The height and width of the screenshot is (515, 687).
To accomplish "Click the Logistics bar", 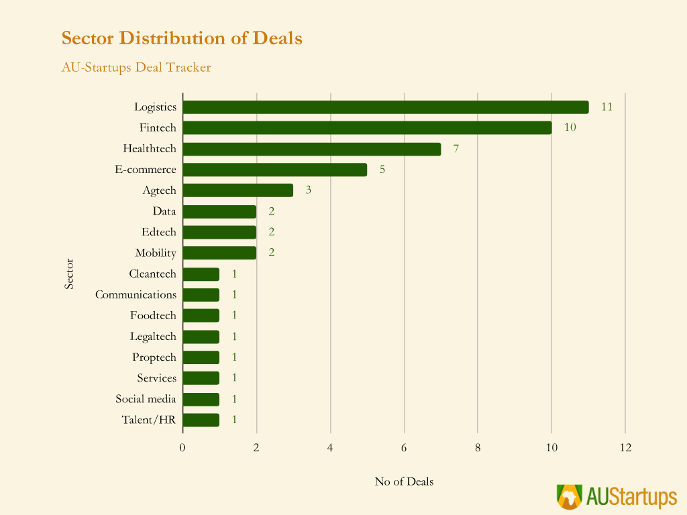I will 386,107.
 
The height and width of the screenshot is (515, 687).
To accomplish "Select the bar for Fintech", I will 367,127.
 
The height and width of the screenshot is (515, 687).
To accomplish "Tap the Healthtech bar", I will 312,149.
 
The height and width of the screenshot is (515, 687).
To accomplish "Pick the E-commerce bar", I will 275,170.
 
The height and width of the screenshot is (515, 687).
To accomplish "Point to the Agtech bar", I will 238,190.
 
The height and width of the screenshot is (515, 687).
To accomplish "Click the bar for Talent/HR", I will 201,420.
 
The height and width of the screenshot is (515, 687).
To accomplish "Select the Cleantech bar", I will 201,274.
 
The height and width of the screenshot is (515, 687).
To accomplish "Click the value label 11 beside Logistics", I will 606,107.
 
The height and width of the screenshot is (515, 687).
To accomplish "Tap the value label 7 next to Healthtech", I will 456,149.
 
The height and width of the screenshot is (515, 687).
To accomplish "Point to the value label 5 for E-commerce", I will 382,170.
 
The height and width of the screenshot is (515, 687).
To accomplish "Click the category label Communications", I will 136,294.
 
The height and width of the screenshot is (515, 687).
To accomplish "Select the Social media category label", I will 146,399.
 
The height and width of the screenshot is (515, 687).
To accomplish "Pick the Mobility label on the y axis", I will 156,253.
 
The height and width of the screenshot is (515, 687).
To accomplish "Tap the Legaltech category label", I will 153,337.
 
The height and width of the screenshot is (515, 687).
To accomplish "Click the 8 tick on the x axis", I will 478,448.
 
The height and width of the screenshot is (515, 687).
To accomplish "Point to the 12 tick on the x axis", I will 625,448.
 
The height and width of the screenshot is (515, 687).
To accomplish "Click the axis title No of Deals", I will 404,481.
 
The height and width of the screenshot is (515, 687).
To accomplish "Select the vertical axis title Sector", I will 69,274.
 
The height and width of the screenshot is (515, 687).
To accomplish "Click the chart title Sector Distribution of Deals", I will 182,38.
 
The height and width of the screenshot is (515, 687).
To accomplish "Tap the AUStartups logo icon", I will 570,497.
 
